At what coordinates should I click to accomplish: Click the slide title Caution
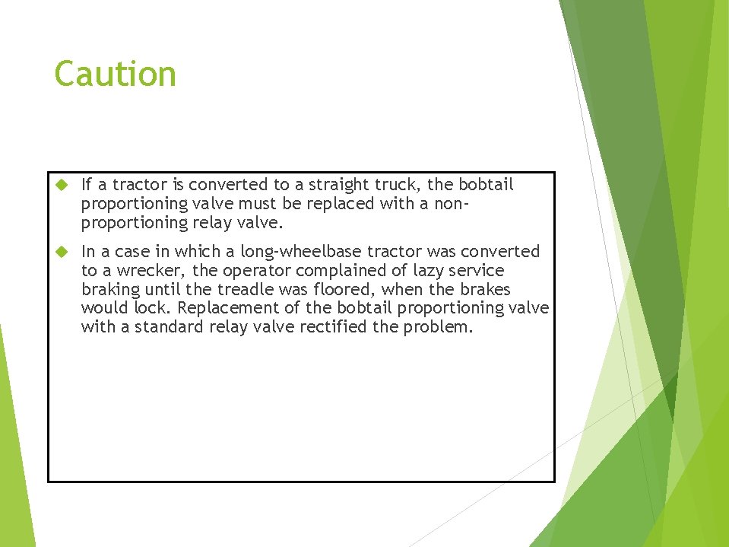(115, 75)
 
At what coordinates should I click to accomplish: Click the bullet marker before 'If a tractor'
(63, 185)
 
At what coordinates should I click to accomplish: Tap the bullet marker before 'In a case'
(63, 252)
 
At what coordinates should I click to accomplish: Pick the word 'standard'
(170, 327)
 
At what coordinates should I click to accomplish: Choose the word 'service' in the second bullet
(474, 271)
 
